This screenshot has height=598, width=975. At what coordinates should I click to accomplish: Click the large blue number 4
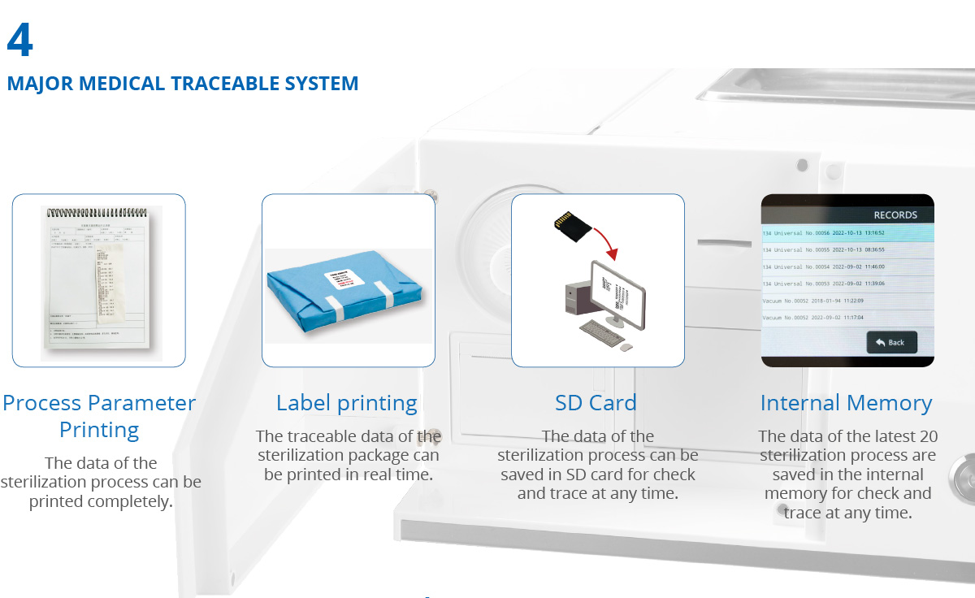click(20, 41)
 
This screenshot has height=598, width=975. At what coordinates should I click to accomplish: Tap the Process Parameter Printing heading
click(99, 416)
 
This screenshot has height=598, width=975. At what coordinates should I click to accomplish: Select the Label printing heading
click(347, 403)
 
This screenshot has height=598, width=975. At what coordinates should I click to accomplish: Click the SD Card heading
click(596, 403)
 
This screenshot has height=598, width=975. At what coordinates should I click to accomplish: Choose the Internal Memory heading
click(846, 403)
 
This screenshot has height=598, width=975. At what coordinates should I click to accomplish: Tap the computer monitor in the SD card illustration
click(617, 292)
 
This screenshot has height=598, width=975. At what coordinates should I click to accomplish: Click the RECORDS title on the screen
click(895, 215)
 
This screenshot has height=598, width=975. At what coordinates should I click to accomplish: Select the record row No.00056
click(846, 233)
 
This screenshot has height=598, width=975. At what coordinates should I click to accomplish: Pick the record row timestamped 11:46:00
click(846, 266)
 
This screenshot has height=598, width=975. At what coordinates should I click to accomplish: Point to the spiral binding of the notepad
click(102, 213)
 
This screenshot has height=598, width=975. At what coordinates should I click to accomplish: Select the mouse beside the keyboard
click(626, 347)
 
